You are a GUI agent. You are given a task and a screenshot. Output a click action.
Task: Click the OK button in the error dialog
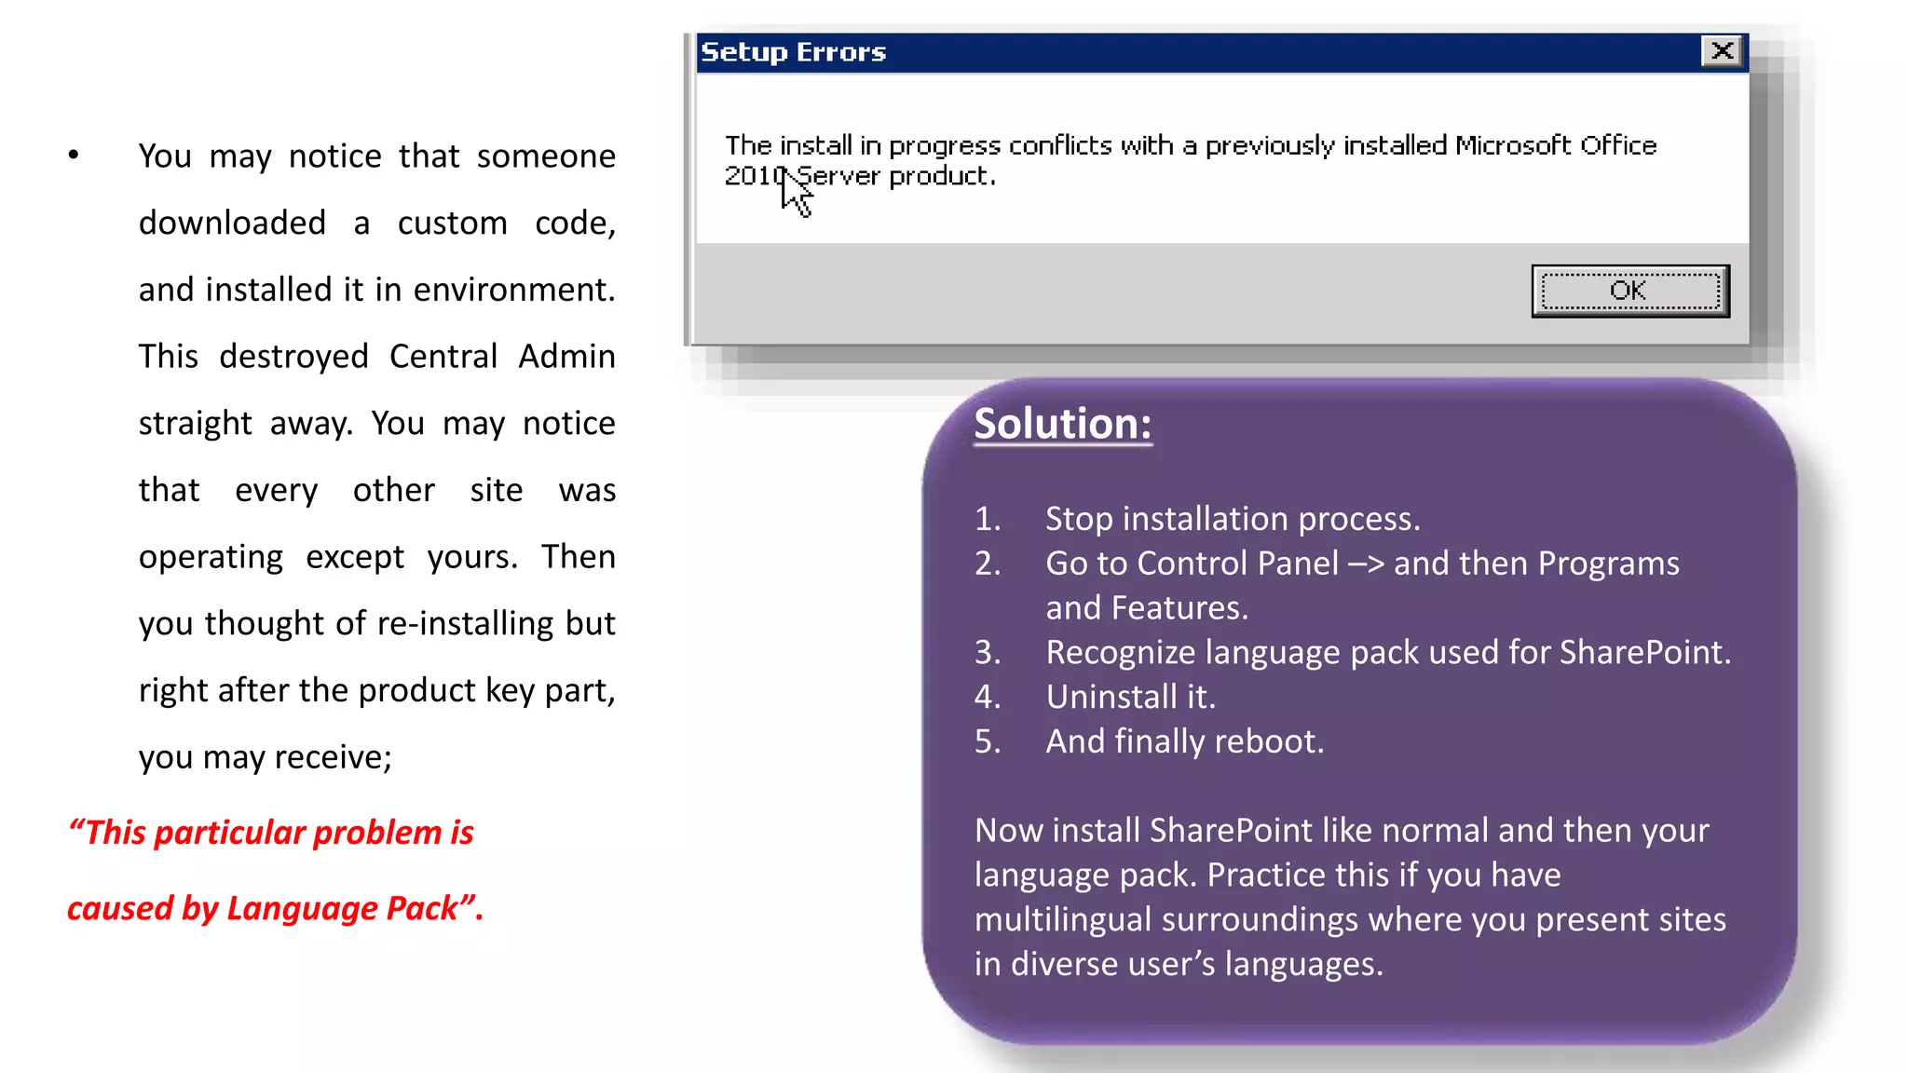1629,291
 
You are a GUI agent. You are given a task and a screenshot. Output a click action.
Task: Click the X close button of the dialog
1722,50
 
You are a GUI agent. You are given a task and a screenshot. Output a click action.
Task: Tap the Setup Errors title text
793,52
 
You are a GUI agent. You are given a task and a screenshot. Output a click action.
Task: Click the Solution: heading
1062,424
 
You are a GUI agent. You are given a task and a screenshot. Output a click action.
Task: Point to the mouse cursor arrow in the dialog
795,193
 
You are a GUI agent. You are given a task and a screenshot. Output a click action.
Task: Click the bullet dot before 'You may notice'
74,156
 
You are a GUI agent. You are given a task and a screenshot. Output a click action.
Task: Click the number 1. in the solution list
988,519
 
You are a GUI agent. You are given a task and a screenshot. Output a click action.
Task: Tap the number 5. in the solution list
988,741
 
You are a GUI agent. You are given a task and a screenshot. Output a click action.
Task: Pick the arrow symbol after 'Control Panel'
1366,564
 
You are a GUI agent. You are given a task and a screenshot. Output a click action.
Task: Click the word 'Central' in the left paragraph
443,357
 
